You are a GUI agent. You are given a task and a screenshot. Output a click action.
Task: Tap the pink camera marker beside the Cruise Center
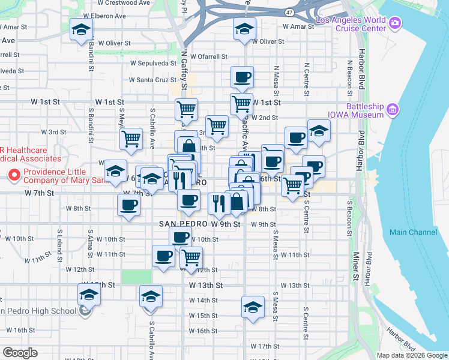point(394,23)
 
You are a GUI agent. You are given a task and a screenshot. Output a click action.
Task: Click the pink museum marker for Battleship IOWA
point(393,109)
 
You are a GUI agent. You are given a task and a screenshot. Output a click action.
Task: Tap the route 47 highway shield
point(290,12)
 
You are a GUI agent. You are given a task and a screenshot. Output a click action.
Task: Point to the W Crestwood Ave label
point(124,3)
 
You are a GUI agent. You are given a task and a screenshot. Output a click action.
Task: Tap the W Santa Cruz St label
point(152,80)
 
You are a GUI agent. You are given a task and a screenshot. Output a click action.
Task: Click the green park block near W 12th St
point(137,277)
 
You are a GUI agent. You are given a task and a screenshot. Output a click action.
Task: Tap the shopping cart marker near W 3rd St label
point(131,139)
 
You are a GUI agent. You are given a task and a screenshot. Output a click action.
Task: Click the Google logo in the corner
point(20,353)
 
